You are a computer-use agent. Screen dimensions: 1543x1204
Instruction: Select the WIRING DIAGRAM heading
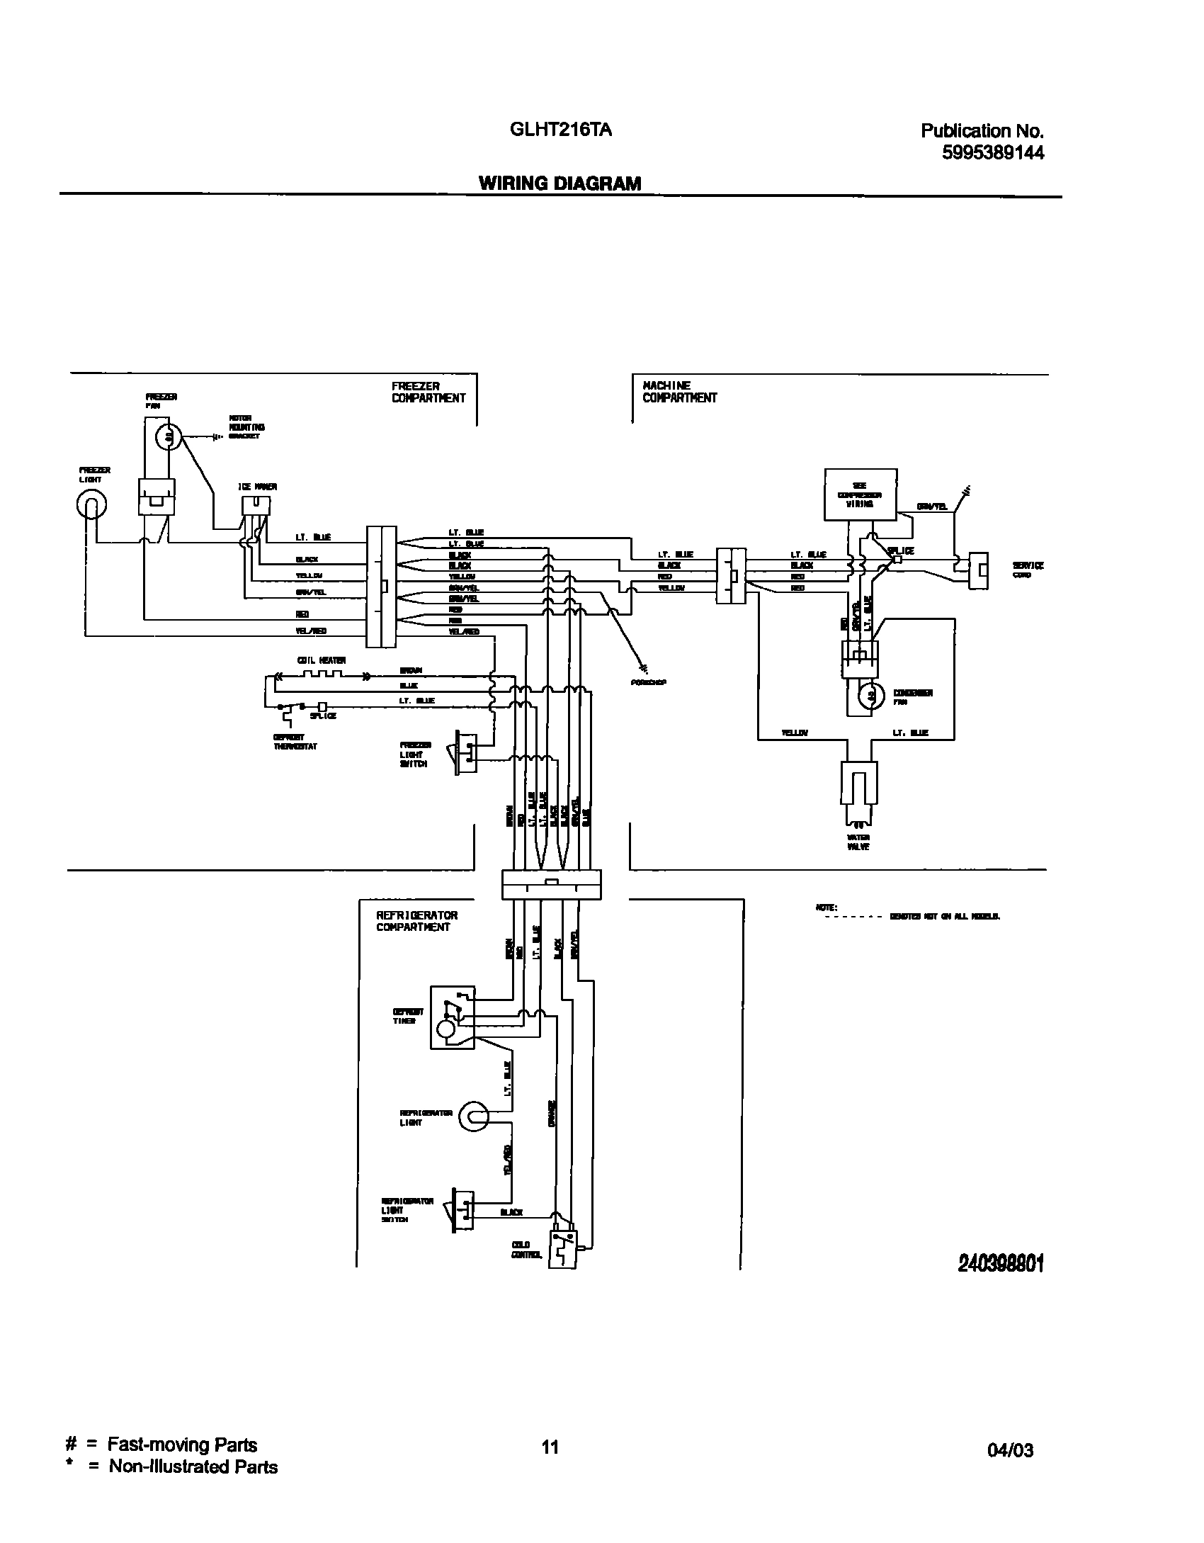click(x=560, y=183)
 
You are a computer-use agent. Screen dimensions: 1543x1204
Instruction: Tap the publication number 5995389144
click(x=992, y=152)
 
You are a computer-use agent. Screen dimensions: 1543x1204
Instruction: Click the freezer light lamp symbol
click(x=91, y=504)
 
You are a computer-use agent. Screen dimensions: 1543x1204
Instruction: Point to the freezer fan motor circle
click(x=169, y=439)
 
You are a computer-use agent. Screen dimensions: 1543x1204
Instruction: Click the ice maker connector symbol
click(x=256, y=505)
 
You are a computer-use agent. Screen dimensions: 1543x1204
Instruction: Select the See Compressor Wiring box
click(x=861, y=494)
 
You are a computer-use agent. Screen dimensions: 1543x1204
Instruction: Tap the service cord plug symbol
click(x=979, y=570)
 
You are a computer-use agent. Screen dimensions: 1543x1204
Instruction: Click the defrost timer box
click(x=453, y=1017)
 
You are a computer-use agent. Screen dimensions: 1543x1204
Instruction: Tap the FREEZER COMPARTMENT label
click(x=428, y=392)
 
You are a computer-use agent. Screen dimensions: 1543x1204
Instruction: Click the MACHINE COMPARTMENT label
click(x=679, y=392)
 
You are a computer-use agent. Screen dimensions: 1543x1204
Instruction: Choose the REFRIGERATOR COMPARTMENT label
click(x=416, y=921)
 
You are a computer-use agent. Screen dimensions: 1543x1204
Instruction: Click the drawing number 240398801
click(x=1001, y=1263)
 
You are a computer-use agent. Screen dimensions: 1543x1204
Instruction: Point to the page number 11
click(x=550, y=1447)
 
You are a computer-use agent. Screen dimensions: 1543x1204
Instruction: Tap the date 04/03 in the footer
click(x=1010, y=1450)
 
